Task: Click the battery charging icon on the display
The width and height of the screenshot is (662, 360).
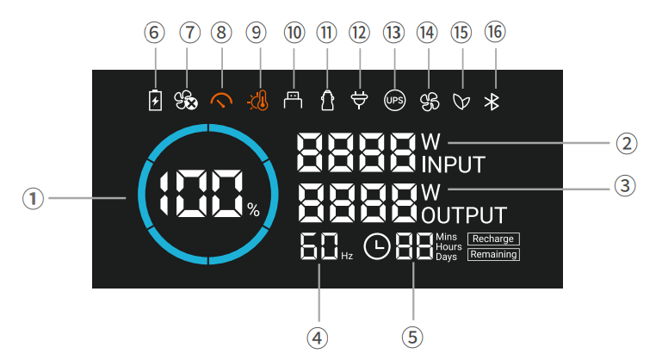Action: (155, 101)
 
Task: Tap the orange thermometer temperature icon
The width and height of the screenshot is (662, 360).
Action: (257, 101)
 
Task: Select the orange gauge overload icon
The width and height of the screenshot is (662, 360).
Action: (222, 101)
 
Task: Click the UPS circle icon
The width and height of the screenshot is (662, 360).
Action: (394, 101)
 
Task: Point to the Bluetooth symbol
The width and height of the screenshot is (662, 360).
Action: (492, 101)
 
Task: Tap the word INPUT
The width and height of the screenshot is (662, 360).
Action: (454, 164)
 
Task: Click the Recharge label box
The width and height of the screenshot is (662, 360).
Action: (493, 239)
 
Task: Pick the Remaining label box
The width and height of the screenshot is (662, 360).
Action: (493, 254)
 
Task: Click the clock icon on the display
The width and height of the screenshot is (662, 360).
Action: (377, 247)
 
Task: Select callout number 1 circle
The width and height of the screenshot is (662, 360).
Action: (34, 198)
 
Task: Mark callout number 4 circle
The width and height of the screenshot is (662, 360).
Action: (319, 337)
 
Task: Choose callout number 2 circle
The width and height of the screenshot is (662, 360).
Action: (628, 142)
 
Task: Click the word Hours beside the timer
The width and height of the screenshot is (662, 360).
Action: (449, 246)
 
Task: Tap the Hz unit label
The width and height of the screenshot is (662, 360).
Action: (347, 256)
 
